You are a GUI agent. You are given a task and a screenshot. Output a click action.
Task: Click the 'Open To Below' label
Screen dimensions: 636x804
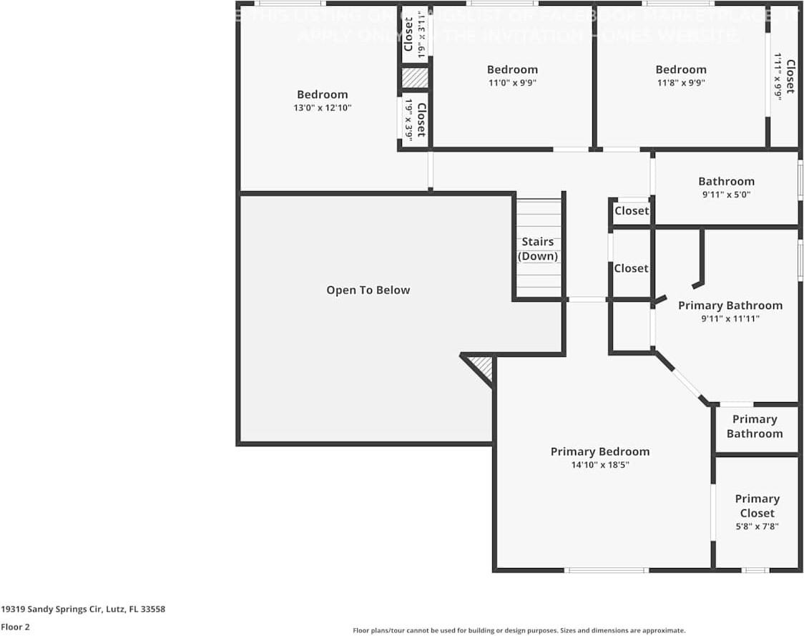coord(368,290)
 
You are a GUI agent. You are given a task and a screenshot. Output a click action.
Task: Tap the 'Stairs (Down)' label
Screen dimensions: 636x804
coord(538,249)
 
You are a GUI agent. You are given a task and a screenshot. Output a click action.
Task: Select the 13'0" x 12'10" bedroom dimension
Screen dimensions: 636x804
coord(323,108)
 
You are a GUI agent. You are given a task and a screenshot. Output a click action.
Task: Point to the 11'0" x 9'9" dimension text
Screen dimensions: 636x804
coord(512,83)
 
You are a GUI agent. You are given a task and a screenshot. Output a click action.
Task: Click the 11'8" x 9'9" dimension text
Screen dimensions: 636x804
coord(681,83)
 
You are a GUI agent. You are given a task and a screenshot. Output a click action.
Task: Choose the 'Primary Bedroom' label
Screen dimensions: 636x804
coord(600,451)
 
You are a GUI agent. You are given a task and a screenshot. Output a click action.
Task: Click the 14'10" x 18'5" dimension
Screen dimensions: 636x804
coord(600,465)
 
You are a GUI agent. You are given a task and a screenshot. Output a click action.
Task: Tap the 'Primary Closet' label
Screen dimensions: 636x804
coord(757,506)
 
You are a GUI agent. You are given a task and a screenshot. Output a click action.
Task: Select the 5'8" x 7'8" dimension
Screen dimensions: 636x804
coord(757,527)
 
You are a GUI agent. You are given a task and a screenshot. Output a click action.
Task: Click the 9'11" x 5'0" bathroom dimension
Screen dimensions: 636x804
coord(726,195)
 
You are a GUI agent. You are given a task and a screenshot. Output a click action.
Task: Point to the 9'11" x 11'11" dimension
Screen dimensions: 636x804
coord(730,319)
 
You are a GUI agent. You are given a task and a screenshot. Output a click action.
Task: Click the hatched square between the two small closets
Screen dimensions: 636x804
coord(415,78)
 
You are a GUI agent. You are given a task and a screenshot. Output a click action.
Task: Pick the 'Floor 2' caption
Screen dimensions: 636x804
coord(16,627)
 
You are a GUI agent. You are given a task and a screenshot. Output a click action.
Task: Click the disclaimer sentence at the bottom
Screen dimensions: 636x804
coord(519,630)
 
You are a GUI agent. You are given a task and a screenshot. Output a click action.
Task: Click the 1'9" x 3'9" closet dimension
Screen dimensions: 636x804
coord(408,119)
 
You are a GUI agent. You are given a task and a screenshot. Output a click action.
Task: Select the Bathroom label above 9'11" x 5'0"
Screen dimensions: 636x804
coord(726,182)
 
